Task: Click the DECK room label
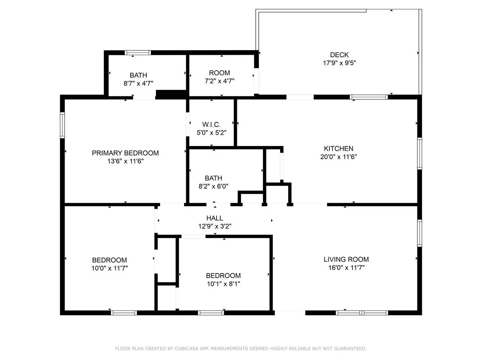pos(339,55)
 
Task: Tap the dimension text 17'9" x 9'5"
pos(339,63)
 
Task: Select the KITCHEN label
pos(338,148)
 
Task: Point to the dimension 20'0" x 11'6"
pos(338,157)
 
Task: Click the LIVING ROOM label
pos(346,259)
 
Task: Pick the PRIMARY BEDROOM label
pos(125,153)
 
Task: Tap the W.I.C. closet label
pos(211,125)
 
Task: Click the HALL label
pos(215,218)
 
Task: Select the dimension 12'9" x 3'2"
pos(215,226)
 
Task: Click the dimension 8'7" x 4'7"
pos(138,84)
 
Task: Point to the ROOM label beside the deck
pos(219,73)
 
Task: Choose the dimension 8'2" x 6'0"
pos(213,187)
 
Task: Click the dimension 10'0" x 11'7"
pos(109,268)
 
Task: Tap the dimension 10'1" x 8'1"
pos(223,284)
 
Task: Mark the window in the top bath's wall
pos(138,53)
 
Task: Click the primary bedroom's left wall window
pos(62,125)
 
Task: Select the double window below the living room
pos(361,313)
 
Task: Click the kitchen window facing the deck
pos(369,97)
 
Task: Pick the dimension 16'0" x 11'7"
pos(346,267)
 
